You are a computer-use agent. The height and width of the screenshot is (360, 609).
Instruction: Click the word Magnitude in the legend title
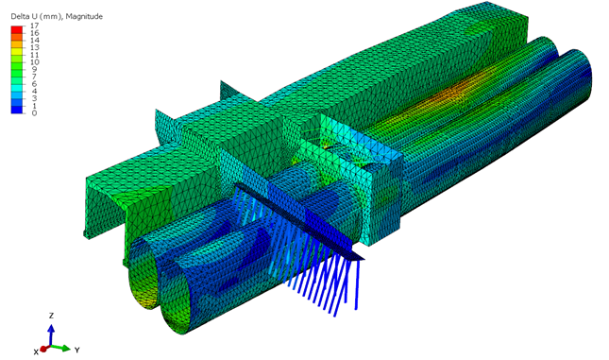click(x=84, y=16)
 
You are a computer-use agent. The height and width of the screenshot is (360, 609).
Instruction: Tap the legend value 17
click(x=34, y=26)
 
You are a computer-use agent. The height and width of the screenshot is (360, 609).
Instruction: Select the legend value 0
click(x=34, y=113)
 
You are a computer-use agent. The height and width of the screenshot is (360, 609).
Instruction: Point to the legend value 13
click(x=34, y=47)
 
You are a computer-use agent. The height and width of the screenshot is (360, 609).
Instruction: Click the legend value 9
click(x=34, y=70)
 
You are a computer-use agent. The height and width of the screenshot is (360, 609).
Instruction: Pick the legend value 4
click(x=34, y=92)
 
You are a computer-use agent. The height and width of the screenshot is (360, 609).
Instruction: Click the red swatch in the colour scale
click(x=17, y=29)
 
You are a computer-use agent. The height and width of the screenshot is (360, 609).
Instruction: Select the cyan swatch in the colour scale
click(x=17, y=88)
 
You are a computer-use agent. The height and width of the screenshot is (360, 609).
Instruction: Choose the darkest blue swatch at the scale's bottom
click(x=17, y=110)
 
